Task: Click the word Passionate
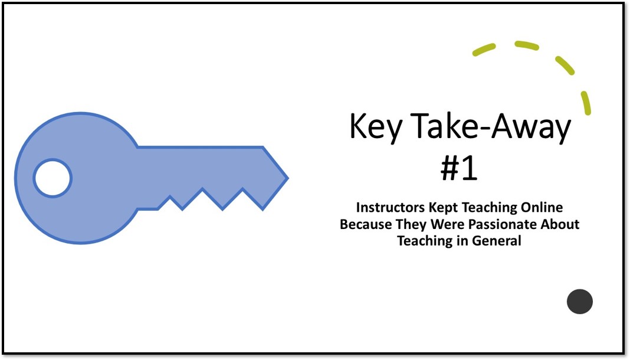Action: coord(509,224)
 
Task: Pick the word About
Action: coord(562,224)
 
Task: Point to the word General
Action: coord(497,241)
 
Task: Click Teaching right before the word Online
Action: coord(497,208)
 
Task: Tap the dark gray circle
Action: coord(579,302)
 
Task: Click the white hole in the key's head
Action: coord(52,178)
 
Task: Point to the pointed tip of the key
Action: coord(286,177)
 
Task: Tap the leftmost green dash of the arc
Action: coord(484,50)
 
